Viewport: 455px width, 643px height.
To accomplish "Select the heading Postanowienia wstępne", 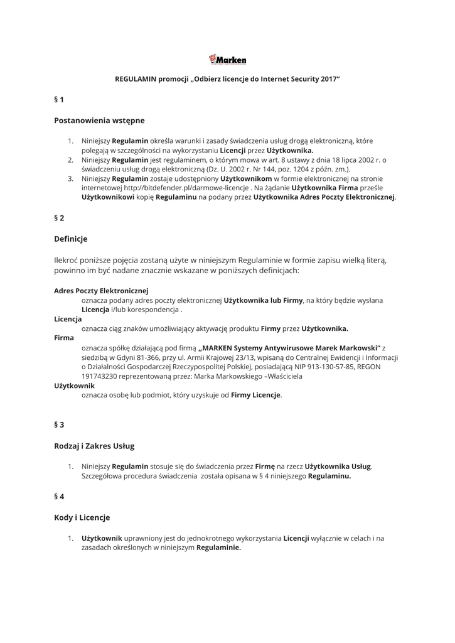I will pos(99,120).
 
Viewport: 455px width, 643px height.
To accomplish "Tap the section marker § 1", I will pos(59,99).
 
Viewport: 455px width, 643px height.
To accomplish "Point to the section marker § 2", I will pos(59,218).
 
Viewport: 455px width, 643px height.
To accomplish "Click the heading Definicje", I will pos(70,239).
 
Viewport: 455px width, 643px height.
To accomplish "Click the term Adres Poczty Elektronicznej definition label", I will pos(101,291).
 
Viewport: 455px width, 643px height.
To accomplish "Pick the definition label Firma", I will pos(64,338).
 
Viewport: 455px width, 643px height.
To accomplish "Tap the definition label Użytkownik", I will pos(74,385).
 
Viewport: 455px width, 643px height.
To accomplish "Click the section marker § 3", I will pos(59,424).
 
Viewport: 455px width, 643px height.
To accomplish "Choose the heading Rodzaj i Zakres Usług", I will pos(94,446).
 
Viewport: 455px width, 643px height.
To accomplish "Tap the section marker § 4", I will pos(59,496).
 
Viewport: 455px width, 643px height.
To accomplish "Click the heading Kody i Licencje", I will pos(82,517).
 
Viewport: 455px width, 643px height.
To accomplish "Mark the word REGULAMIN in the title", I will pos(136,80).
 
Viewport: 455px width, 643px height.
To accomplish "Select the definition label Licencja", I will pos(68,319).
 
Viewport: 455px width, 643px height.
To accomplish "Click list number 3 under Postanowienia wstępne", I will pos(71,178).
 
